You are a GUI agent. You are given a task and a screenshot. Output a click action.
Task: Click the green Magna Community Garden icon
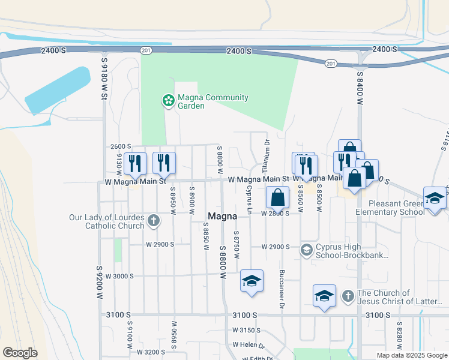click(169, 101)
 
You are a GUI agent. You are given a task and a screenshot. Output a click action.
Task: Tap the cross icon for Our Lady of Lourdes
click(153, 220)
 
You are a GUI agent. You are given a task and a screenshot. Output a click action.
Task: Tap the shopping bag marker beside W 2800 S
click(277, 197)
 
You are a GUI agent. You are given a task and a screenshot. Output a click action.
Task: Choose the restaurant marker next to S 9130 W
click(135, 163)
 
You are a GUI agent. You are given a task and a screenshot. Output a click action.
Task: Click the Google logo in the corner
click(20, 352)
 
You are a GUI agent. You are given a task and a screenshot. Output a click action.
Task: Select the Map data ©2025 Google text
click(411, 355)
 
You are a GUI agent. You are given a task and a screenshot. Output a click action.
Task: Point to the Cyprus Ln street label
click(249, 199)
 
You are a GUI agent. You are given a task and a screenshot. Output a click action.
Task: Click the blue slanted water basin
click(58, 91)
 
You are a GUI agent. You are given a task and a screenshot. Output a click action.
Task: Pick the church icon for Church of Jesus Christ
click(348, 296)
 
